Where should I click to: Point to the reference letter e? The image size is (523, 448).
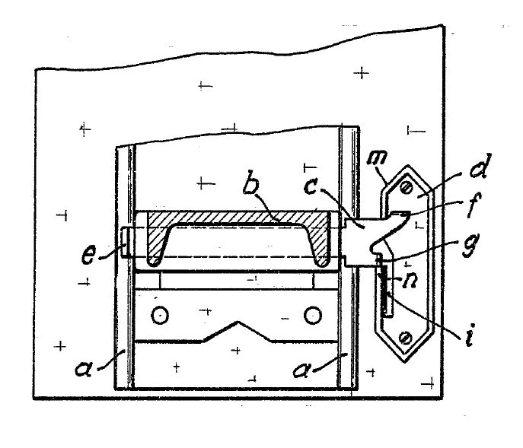89,255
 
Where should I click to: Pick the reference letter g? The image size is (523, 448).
471,245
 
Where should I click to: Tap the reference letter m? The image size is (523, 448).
377,157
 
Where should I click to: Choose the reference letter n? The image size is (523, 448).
410,281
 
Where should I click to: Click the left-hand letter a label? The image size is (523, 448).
84,368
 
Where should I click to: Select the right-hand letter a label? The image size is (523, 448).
301,370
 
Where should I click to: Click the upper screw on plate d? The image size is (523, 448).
407,189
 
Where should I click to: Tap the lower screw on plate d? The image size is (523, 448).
406,338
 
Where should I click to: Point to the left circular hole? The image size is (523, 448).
160,315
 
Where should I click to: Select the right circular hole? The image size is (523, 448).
313,316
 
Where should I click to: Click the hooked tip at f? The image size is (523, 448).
406,216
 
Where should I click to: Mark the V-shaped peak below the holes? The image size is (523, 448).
238,322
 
